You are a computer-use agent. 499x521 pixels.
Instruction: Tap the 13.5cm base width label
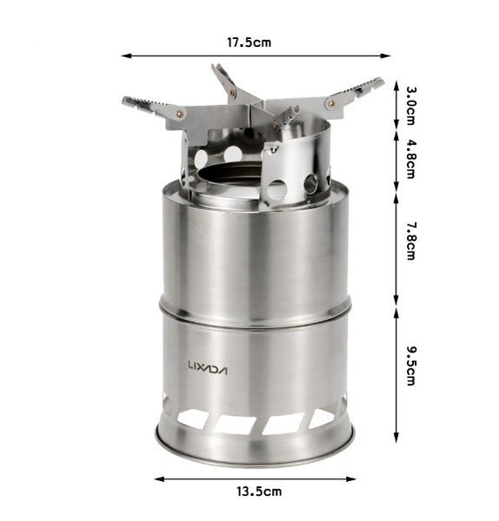[x=259, y=492]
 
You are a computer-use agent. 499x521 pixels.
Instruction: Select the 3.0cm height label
[x=410, y=106]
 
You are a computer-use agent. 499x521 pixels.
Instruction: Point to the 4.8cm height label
[x=410, y=159]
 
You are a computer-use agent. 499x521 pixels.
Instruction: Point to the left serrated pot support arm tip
[x=132, y=102]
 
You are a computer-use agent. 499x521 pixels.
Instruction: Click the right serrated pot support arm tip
[x=374, y=84]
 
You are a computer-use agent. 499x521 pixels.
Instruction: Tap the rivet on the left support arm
[x=180, y=114]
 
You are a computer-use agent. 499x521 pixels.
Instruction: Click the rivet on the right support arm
[x=330, y=103]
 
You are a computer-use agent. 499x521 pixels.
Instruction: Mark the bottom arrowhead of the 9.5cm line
[x=397, y=439]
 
